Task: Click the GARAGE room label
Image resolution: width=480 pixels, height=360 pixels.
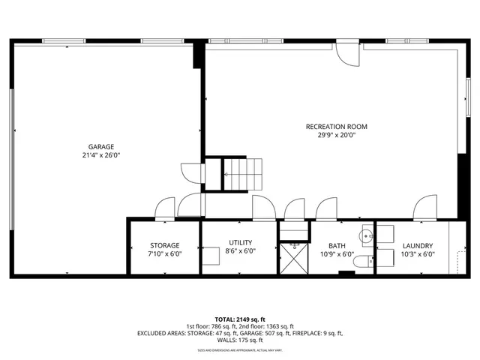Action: pyautogui.click(x=100, y=146)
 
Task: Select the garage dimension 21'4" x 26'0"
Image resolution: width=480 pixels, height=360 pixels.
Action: pyautogui.click(x=100, y=155)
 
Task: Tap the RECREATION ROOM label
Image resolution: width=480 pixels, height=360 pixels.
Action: pyautogui.click(x=336, y=127)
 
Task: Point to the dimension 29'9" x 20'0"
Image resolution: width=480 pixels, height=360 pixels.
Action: pyautogui.click(x=336, y=136)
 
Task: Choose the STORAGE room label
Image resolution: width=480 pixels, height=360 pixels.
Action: pyautogui.click(x=164, y=245)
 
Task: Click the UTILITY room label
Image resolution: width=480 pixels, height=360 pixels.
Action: pyautogui.click(x=240, y=242)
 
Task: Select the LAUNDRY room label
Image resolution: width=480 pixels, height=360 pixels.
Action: pyautogui.click(x=418, y=245)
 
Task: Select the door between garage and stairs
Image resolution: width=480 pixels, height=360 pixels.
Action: pyautogui.click(x=192, y=173)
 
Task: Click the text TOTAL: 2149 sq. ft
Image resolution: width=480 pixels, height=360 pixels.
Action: pyautogui.click(x=239, y=319)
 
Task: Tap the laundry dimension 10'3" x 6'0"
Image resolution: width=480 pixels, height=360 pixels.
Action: pyautogui.click(x=418, y=253)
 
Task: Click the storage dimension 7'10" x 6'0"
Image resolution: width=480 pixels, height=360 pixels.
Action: pyautogui.click(x=164, y=253)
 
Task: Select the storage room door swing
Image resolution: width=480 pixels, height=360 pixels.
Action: pyautogui.click(x=163, y=208)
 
